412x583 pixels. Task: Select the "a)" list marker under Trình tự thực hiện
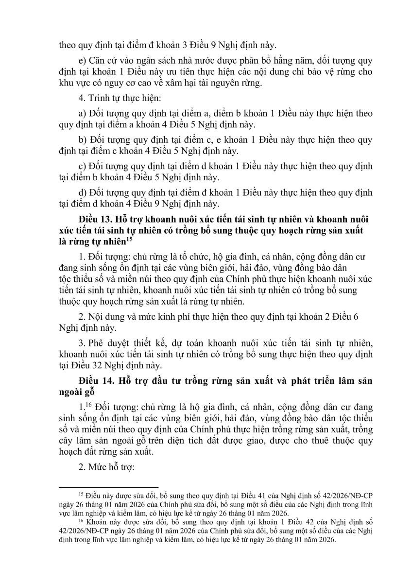coord(81,113)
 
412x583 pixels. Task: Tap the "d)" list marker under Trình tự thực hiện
coord(81,191)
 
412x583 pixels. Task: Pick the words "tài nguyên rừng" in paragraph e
coord(236,83)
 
